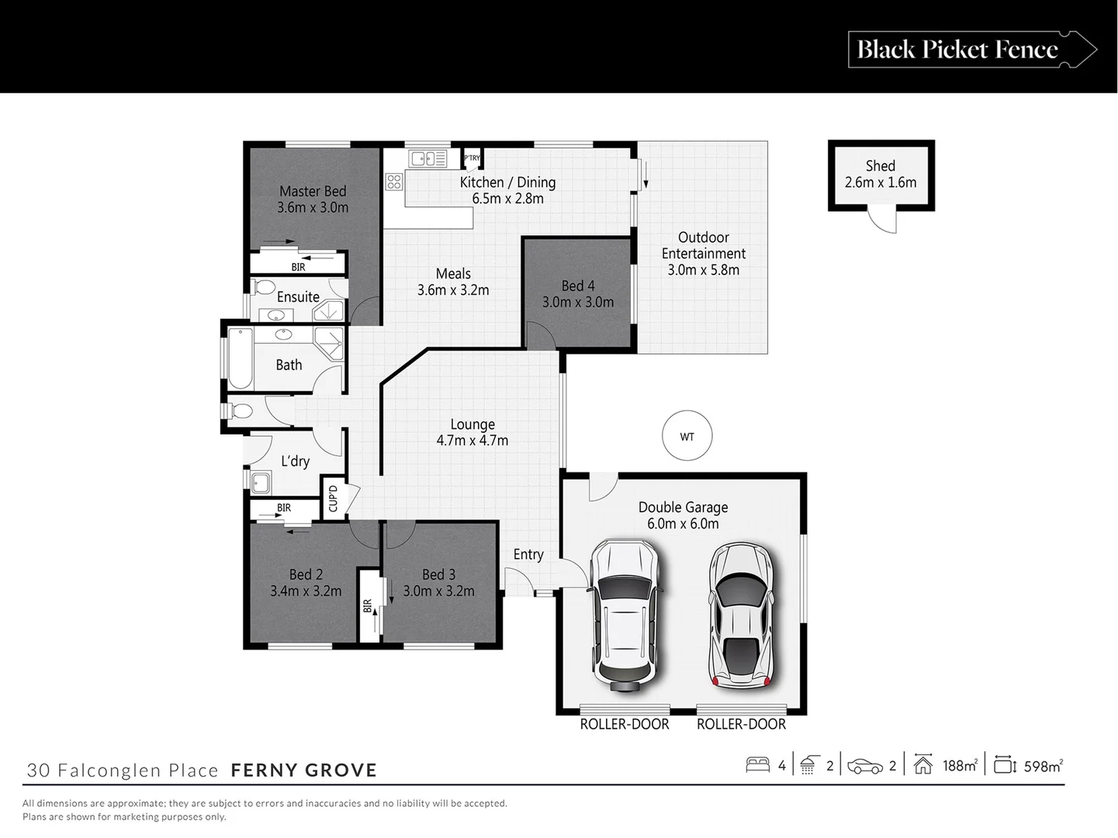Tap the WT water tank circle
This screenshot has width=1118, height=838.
687,437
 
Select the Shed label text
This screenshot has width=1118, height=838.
880,166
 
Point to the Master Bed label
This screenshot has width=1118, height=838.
313,191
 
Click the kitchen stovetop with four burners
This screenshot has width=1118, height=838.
394,182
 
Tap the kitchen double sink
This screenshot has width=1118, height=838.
427,159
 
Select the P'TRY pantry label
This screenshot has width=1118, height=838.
472,158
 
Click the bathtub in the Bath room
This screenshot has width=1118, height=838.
240,358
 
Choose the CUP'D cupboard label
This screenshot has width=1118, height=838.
333,498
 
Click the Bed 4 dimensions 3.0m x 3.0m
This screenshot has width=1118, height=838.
578,303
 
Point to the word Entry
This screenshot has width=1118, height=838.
528,554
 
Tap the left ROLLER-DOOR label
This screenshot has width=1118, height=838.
625,724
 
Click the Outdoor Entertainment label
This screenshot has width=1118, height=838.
703,245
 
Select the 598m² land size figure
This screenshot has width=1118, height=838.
1043,766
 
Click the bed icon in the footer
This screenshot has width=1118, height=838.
757,765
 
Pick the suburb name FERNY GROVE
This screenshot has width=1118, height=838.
304,770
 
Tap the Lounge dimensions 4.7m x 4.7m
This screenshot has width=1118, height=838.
472,441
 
